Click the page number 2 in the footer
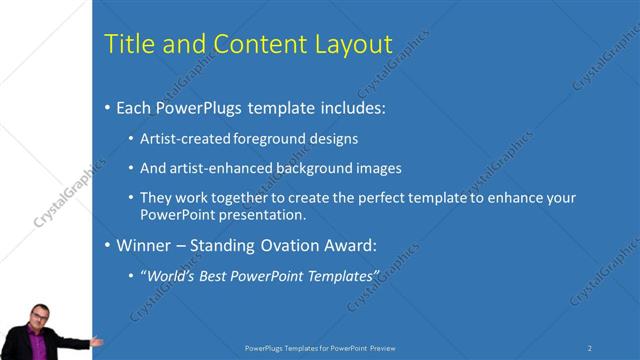589,347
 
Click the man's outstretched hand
96,341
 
